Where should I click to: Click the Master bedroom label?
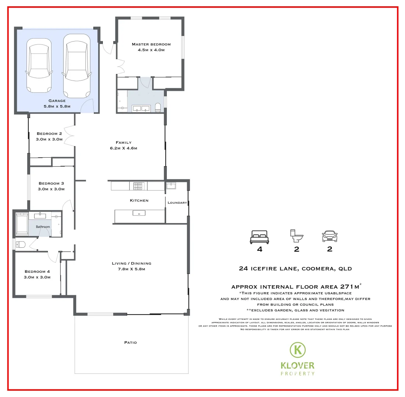pyautogui.click(x=151, y=44)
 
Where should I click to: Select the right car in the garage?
pyautogui.click(x=76, y=66)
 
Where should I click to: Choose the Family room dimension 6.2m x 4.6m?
pyautogui.click(x=123, y=148)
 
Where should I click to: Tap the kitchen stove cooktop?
pyautogui.click(x=138, y=186)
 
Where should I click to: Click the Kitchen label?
pyautogui.click(x=139, y=200)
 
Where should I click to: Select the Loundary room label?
pyautogui.click(x=177, y=203)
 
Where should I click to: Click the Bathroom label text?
pyautogui.click(x=43, y=227)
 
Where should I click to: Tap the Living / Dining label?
pyautogui.click(x=132, y=263)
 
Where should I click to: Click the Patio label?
pyautogui.click(x=130, y=342)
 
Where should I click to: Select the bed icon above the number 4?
pyautogui.click(x=259, y=237)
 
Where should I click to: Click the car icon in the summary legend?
pyautogui.click(x=330, y=236)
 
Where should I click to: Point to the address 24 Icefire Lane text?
pyautogui.click(x=295, y=269)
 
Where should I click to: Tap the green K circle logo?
pyautogui.click(x=298, y=350)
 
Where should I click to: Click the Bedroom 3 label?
pyautogui.click(x=51, y=183)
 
